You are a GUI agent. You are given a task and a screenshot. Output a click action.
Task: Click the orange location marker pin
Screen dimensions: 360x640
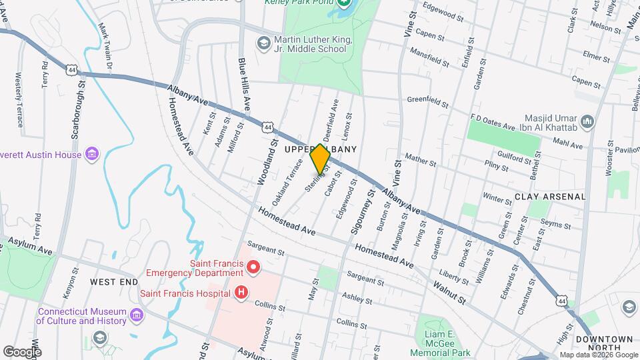pos(320,159)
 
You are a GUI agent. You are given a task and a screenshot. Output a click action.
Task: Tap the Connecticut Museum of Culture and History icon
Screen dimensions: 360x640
pos(138,315)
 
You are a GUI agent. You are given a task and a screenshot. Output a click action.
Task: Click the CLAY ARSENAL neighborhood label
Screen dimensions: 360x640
pos(550,197)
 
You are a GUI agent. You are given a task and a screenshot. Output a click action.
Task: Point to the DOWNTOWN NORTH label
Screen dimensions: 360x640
pos(604,344)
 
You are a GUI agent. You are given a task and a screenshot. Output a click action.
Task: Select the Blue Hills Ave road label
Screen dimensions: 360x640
pos(244,84)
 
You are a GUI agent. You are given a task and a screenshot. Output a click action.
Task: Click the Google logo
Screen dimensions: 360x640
pos(22,351)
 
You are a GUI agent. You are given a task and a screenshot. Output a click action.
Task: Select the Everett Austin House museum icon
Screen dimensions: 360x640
pos(92,155)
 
